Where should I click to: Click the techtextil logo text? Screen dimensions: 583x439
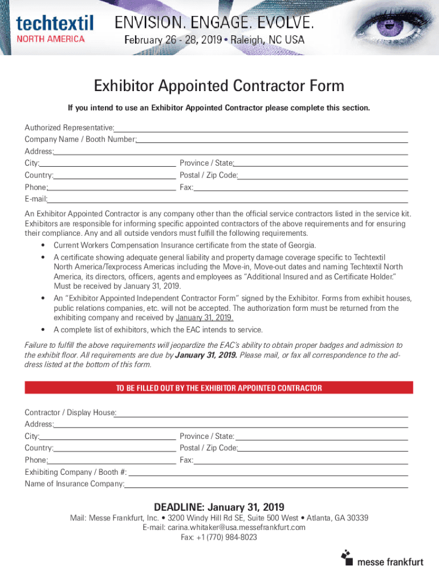click(55, 23)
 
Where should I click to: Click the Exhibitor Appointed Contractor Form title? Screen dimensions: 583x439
click(219, 86)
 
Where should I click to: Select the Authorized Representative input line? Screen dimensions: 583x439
click(261, 127)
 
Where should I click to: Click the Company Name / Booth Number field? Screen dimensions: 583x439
click(272, 139)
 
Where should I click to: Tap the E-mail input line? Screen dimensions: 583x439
click(227, 199)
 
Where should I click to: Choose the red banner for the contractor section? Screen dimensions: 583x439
click(219, 388)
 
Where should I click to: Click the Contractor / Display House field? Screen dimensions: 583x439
click(262, 413)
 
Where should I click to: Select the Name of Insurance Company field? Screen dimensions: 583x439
click(266, 485)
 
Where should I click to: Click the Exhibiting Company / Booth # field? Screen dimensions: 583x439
click(268, 473)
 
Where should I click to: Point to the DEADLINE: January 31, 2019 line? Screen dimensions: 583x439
click(219, 507)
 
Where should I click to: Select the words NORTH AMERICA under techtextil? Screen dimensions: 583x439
click(51, 39)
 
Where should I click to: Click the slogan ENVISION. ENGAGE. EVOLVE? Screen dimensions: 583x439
click(214, 23)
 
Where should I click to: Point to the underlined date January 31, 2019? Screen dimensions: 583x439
click(204, 318)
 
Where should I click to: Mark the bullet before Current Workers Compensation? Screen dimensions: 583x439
click(43, 245)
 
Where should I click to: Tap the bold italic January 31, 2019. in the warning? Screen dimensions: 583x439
click(206, 355)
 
